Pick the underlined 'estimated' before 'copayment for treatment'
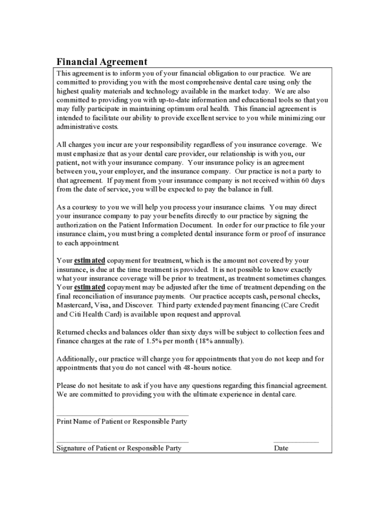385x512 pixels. pyautogui.click(x=89, y=260)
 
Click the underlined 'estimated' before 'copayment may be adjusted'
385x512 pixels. pyautogui.click(x=89, y=287)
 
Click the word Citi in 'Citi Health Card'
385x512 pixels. pyautogui.click(x=77, y=314)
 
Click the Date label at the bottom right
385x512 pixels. pyautogui.click(x=281, y=448)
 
